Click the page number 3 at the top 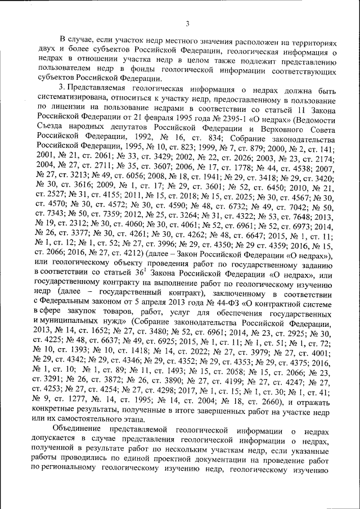(x=187, y=23)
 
